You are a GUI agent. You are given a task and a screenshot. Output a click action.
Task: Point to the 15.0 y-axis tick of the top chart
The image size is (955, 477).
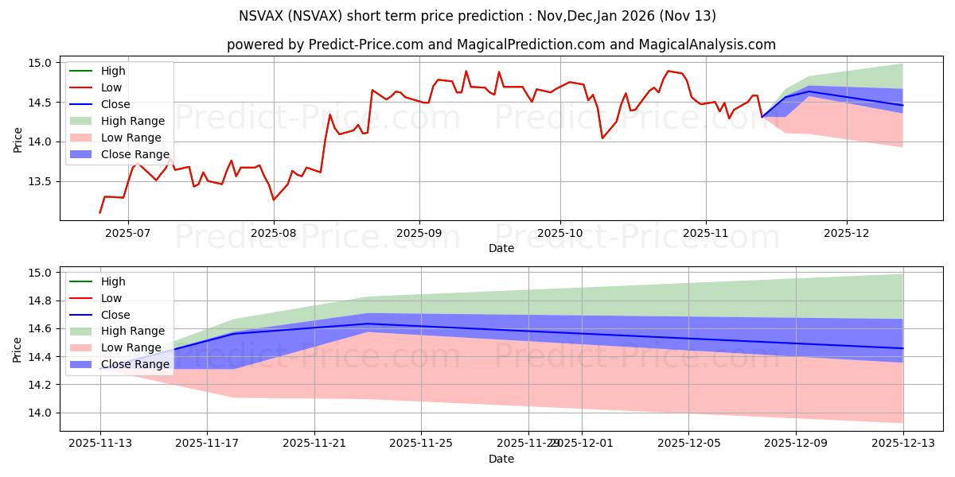point(41,63)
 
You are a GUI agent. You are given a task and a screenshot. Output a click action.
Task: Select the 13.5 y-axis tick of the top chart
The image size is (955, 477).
point(41,181)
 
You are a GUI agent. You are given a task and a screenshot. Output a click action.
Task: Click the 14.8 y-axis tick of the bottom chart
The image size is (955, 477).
point(41,301)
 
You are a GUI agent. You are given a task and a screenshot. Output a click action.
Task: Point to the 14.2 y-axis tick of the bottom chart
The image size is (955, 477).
point(41,385)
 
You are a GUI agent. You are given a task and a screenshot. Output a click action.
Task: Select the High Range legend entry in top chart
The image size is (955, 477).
point(132,121)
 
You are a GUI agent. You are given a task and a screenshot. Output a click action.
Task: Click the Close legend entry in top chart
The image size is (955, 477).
point(115,104)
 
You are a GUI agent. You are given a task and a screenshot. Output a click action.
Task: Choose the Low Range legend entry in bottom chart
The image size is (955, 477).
point(131,347)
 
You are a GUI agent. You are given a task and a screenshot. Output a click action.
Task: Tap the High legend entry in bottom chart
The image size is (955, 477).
point(113,281)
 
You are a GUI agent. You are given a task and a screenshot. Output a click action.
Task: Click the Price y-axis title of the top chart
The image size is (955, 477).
point(18,140)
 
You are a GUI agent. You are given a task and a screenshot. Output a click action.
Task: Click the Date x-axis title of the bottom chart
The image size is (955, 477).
point(501,459)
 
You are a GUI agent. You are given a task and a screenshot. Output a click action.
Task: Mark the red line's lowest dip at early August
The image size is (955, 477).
point(273,200)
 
